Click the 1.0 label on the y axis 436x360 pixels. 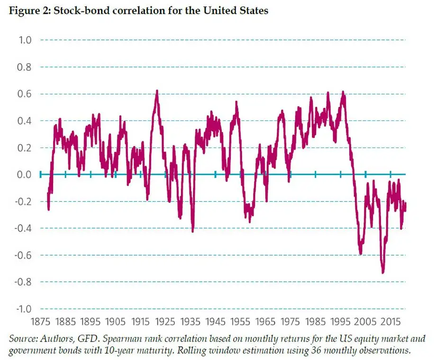tap(24, 40)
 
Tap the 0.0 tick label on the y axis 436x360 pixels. tap(24, 175)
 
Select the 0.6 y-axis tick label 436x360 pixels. tap(24, 94)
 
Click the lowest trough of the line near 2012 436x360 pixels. tap(382, 272)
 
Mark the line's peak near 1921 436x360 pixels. tap(157, 91)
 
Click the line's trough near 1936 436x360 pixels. tap(192, 231)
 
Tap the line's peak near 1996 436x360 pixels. tap(343, 92)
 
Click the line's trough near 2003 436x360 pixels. tap(361, 253)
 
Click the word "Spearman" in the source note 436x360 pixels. tap(124, 339)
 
